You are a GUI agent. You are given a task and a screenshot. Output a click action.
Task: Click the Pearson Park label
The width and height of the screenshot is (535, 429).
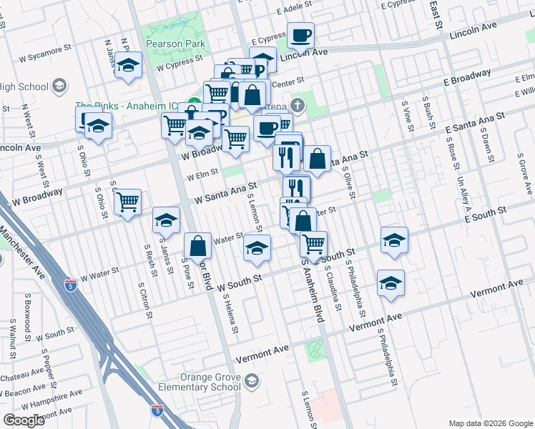(175, 44)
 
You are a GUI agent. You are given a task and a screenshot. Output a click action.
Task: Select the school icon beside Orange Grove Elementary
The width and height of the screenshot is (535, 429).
(251, 383)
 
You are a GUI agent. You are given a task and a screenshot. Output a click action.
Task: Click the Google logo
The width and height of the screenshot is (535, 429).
(24, 420)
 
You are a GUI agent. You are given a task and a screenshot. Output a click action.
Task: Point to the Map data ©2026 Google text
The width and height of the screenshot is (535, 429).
(490, 423)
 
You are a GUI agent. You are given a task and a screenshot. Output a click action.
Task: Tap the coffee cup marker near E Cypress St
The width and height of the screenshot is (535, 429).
(300, 34)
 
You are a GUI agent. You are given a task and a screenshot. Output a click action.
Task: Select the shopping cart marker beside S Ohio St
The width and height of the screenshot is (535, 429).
(127, 202)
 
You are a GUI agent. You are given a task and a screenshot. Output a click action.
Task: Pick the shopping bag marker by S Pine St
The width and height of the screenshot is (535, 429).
(200, 247)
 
